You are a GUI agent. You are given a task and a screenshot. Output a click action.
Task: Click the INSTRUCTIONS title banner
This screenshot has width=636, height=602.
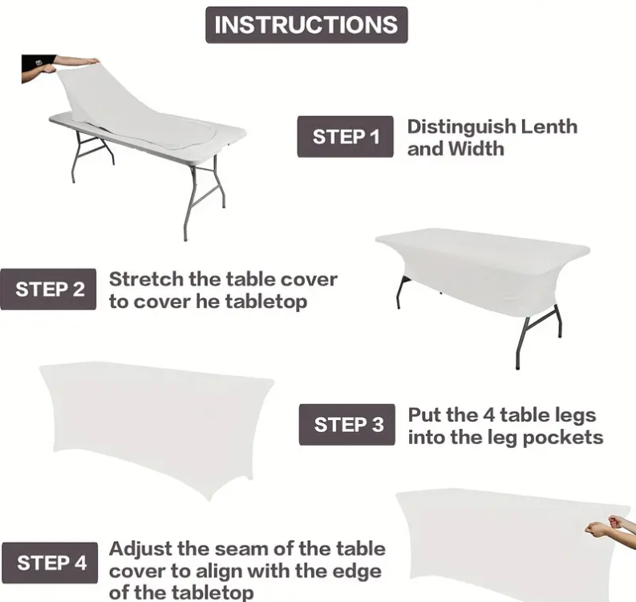point(306,25)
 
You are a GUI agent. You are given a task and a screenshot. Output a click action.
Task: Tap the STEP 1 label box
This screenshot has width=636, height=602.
point(345,136)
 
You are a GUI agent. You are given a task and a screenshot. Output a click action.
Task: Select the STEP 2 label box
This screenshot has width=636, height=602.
point(48,289)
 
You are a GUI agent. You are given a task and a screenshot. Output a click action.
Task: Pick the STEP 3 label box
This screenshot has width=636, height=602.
point(346,424)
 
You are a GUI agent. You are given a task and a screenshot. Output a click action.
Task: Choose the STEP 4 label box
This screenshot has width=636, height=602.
point(50,563)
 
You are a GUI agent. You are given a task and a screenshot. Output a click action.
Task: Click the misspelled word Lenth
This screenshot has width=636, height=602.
point(549,127)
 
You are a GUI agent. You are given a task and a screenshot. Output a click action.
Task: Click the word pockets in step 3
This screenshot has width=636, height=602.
point(563,438)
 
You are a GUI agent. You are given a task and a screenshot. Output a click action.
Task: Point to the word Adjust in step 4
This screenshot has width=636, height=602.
point(140,550)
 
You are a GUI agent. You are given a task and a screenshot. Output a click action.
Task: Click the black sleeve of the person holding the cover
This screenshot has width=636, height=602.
point(38,68)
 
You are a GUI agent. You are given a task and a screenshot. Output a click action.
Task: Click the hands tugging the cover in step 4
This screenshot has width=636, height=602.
point(610,524)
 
